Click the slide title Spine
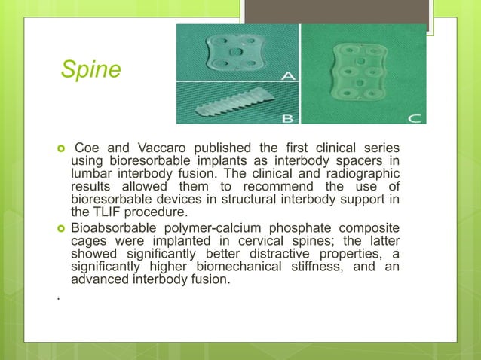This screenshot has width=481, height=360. point(90,69)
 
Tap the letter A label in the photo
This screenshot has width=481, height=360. point(289,76)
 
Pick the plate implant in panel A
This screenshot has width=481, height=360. point(235,50)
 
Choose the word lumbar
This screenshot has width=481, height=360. point(93,172)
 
